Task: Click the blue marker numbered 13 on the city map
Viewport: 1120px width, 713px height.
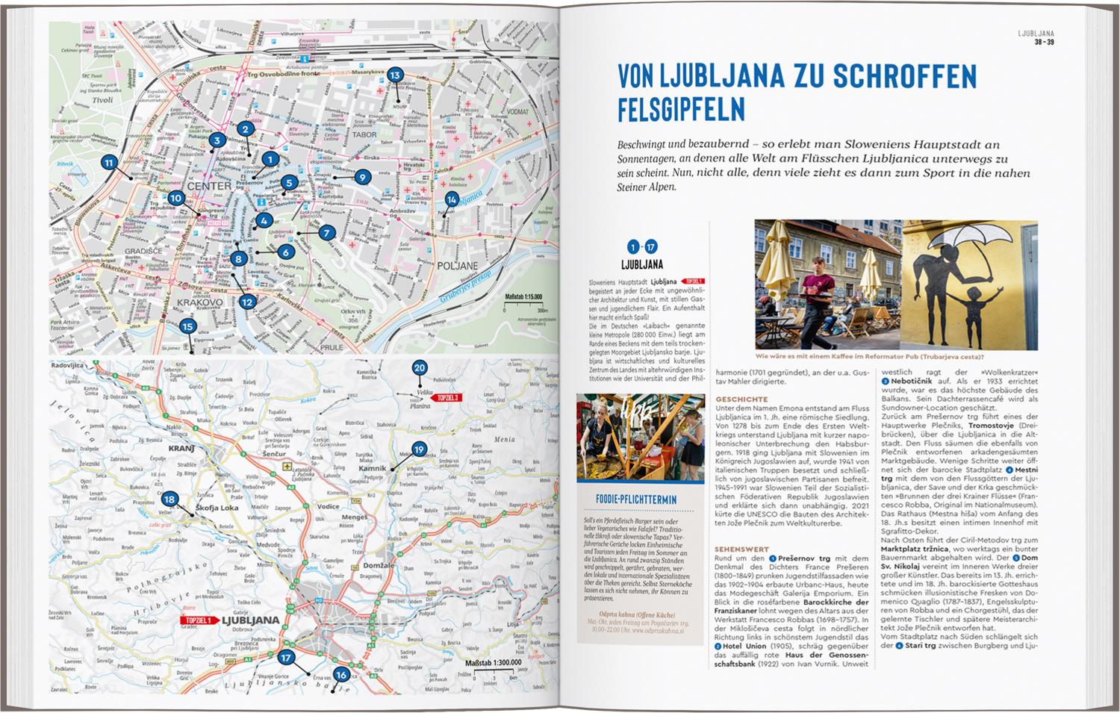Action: [x=395, y=75]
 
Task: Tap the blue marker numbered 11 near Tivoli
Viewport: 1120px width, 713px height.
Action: [x=109, y=164]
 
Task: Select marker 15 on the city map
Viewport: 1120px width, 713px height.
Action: [x=187, y=326]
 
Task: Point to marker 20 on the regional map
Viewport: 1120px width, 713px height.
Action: [x=419, y=368]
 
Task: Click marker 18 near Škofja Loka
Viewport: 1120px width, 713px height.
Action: [x=170, y=499]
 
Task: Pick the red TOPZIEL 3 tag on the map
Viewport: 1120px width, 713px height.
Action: [x=448, y=398]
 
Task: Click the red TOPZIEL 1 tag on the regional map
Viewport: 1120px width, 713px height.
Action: [x=198, y=620]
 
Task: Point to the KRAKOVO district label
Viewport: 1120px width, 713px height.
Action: [x=200, y=302]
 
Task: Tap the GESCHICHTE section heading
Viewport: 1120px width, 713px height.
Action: [x=741, y=399]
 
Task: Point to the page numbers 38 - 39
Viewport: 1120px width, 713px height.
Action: [x=1044, y=42]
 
